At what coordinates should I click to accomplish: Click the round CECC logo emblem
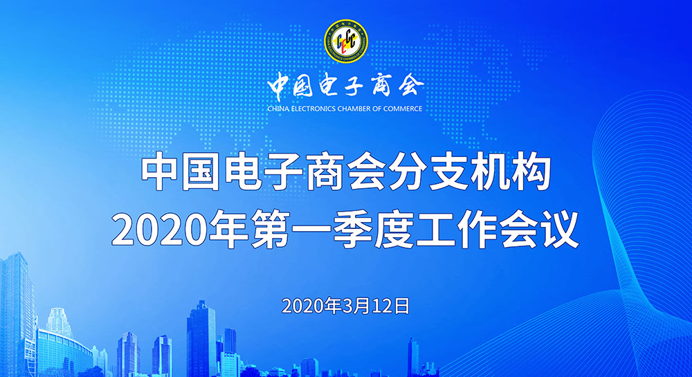click(x=346, y=41)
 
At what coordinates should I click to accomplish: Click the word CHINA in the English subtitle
click(x=278, y=109)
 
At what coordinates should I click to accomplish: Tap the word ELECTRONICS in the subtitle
click(x=313, y=109)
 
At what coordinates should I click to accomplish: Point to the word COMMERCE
click(x=403, y=109)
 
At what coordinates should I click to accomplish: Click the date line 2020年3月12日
click(x=345, y=306)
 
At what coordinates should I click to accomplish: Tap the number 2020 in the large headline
click(x=159, y=230)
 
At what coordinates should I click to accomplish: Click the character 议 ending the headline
click(x=560, y=230)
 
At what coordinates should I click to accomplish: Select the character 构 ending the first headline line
click(x=531, y=172)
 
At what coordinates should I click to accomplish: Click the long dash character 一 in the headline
click(x=311, y=230)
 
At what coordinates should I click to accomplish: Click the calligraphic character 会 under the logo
click(x=410, y=84)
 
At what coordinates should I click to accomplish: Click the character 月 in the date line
click(x=364, y=306)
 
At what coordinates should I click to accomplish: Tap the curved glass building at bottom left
click(x=64, y=353)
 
